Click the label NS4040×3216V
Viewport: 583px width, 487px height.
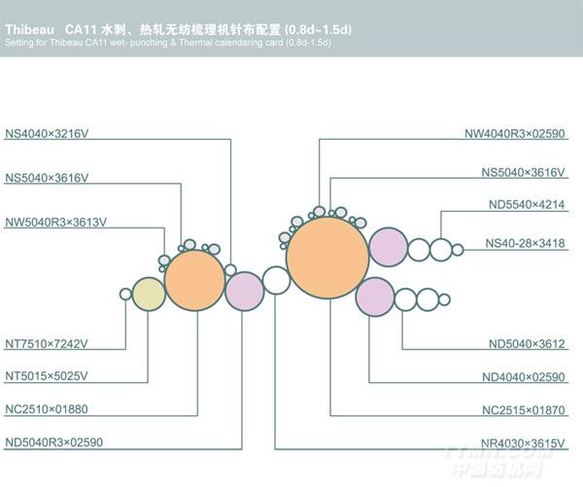point(47,133)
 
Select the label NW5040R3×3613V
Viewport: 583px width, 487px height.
point(55,222)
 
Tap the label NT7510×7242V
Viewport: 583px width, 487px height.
point(47,344)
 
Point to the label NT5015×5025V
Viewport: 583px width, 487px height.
point(47,376)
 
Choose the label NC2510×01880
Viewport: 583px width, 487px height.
point(47,409)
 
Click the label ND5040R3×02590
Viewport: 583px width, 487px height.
point(53,442)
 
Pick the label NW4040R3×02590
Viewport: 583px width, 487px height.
point(515,133)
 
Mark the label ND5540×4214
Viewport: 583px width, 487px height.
point(527,204)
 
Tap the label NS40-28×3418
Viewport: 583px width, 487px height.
point(526,243)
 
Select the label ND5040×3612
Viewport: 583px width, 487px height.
point(527,344)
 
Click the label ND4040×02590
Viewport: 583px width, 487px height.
point(524,377)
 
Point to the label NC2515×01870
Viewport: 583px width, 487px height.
point(524,410)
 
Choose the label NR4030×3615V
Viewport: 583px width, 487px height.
point(523,443)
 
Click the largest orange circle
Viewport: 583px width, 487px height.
point(327,258)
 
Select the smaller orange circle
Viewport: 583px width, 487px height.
point(195,281)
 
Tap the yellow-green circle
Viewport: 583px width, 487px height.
point(149,294)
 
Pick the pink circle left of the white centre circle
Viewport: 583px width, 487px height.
point(244,292)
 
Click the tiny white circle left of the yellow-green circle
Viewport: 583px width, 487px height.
point(125,294)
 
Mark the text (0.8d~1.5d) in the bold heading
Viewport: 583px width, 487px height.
point(318,30)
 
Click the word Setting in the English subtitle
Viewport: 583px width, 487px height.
point(19,43)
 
